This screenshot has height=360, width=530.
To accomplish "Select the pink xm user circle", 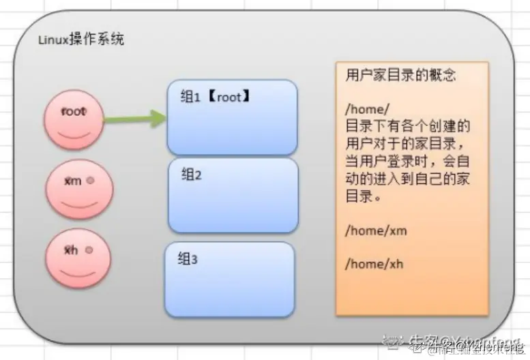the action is point(79,188).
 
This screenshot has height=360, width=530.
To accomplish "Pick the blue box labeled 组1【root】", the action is point(232,117).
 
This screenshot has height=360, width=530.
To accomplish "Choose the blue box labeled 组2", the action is point(233,196).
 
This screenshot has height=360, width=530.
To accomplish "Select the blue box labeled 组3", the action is point(229,279).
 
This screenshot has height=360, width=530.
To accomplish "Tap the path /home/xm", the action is point(376,230).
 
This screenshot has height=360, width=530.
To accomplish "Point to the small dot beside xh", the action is point(89,250).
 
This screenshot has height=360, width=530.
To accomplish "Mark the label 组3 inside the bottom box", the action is point(188,259).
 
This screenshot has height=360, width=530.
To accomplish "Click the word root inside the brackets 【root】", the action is point(229,97).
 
